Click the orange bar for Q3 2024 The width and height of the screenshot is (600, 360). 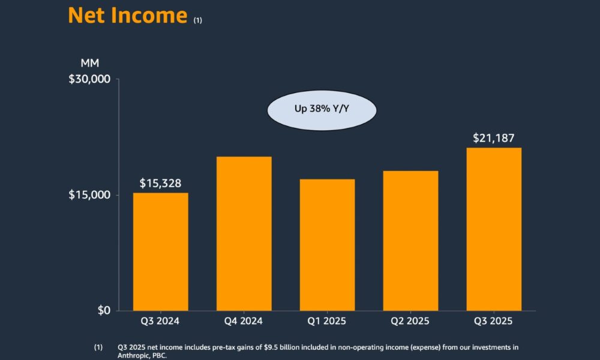tap(160, 251)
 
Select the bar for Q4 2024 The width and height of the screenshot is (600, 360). tap(244, 233)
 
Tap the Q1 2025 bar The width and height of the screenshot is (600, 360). tap(327, 245)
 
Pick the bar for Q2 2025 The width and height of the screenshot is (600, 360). tap(410, 241)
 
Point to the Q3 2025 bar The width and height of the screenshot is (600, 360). tap(494, 229)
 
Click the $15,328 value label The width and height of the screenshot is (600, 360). tap(160, 183)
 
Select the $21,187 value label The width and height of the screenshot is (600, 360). tap(494, 138)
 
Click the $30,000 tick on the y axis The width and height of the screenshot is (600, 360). tap(90, 79)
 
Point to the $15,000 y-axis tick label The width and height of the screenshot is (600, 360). tap(90, 195)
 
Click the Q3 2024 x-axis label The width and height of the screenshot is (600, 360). tap(160, 322)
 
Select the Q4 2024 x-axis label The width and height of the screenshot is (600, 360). tap(244, 322)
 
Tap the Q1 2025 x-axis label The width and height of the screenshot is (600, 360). tap(327, 322)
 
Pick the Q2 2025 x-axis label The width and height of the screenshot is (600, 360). tap(410, 322)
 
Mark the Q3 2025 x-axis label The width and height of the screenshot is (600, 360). tap(494, 322)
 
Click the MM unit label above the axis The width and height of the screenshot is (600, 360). tap(89, 63)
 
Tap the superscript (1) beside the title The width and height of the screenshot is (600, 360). tap(198, 20)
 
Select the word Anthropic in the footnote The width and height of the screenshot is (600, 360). tap(136, 355)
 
